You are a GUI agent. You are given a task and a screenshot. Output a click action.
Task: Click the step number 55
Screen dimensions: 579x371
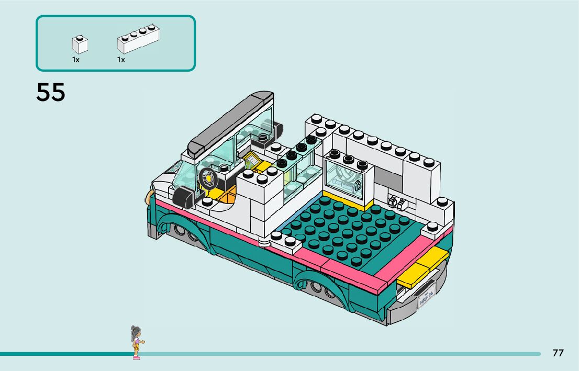[51, 93]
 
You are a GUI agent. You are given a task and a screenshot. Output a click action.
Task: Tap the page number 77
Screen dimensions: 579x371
[558, 353]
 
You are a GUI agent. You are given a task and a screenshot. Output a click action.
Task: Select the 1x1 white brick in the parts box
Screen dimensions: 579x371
[80, 44]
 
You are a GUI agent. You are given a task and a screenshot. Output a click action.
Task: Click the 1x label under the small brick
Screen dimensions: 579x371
[76, 60]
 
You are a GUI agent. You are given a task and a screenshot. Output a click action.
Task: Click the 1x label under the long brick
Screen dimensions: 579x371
[121, 60]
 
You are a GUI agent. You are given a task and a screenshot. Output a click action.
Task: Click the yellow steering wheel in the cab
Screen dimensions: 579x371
[209, 178]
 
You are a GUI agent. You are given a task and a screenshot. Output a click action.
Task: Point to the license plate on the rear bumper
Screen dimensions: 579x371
[427, 299]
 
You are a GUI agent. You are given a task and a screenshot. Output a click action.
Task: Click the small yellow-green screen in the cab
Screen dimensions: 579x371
[253, 160]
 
